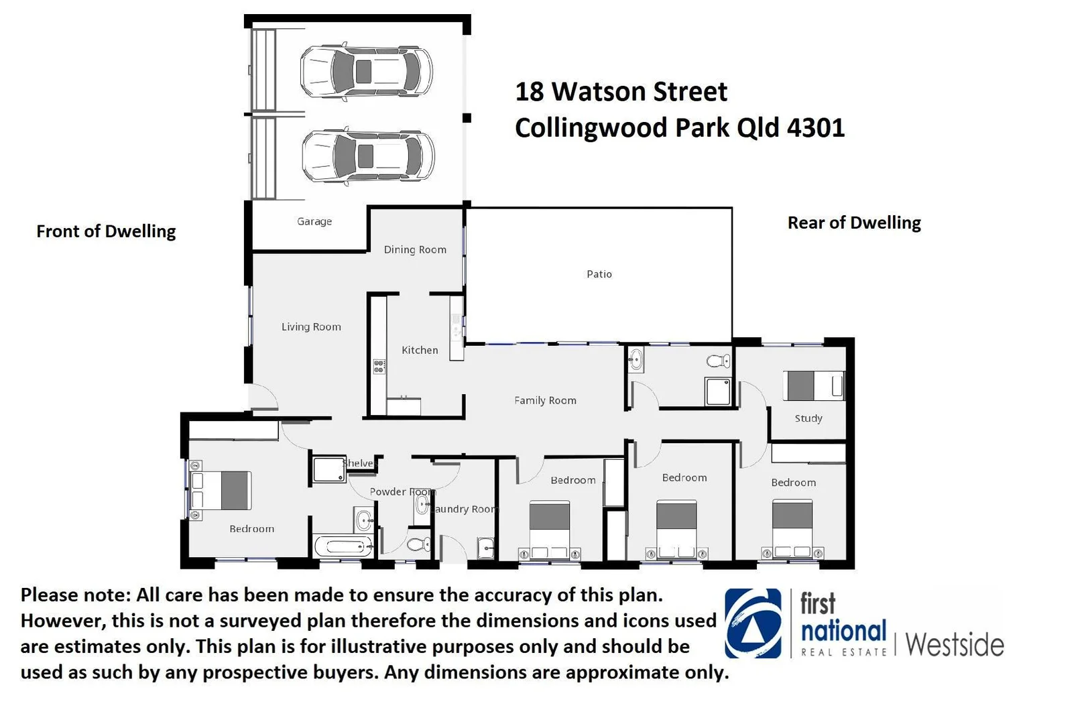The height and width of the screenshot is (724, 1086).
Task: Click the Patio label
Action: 599,274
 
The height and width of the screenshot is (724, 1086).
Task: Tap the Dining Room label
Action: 415,250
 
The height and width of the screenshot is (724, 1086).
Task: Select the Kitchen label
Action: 420,350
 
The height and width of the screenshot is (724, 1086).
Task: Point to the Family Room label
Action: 545,401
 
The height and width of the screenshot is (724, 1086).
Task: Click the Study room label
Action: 808,418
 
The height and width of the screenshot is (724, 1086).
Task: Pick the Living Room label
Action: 311,327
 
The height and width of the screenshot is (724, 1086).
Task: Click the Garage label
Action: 314,222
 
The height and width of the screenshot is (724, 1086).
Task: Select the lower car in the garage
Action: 368,156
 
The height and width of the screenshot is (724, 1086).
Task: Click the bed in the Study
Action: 813,386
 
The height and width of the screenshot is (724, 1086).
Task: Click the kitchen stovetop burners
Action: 379,367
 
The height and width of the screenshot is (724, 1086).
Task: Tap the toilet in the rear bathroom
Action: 719,361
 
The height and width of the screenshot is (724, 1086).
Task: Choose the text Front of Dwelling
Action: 106,232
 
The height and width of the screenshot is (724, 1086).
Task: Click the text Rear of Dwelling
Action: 854,223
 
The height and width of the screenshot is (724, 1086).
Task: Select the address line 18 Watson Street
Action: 621,93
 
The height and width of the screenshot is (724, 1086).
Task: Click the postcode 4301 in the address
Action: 815,128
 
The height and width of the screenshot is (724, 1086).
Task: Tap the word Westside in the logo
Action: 955,645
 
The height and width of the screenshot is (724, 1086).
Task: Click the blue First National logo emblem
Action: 753,623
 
